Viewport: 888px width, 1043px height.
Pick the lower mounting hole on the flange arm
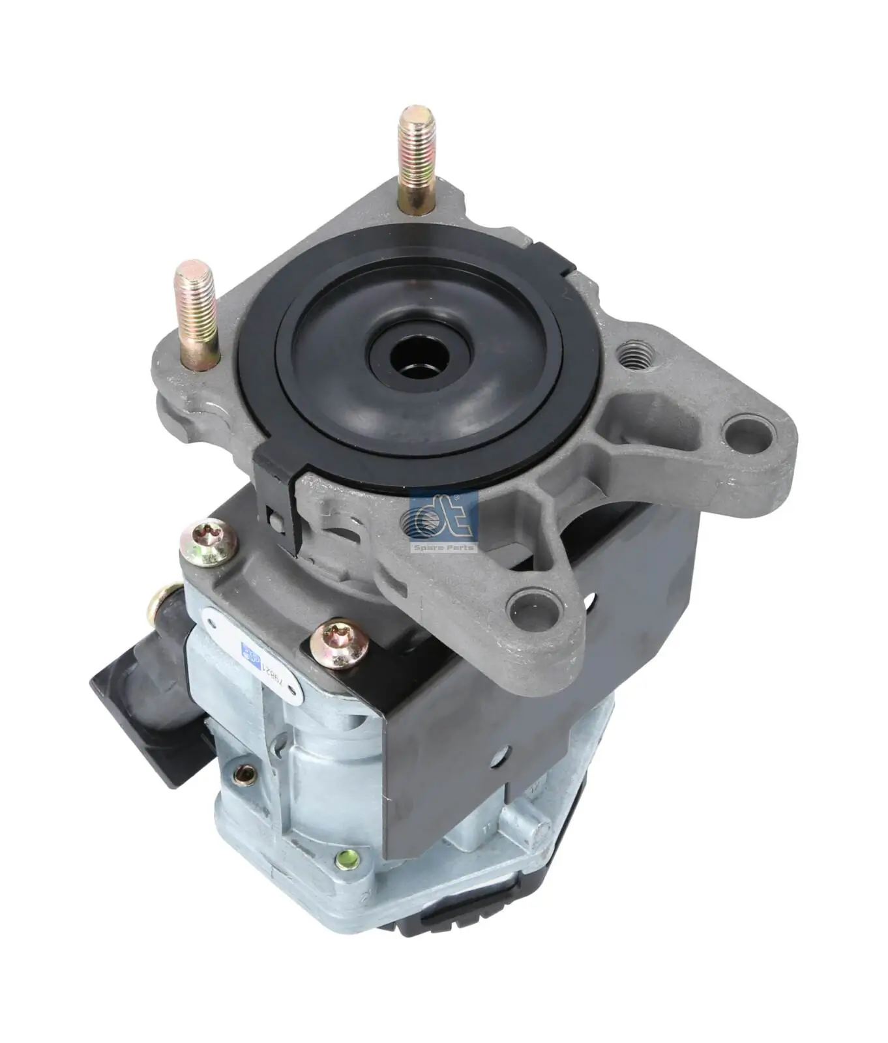533,607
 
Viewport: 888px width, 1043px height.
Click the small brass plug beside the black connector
245,774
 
